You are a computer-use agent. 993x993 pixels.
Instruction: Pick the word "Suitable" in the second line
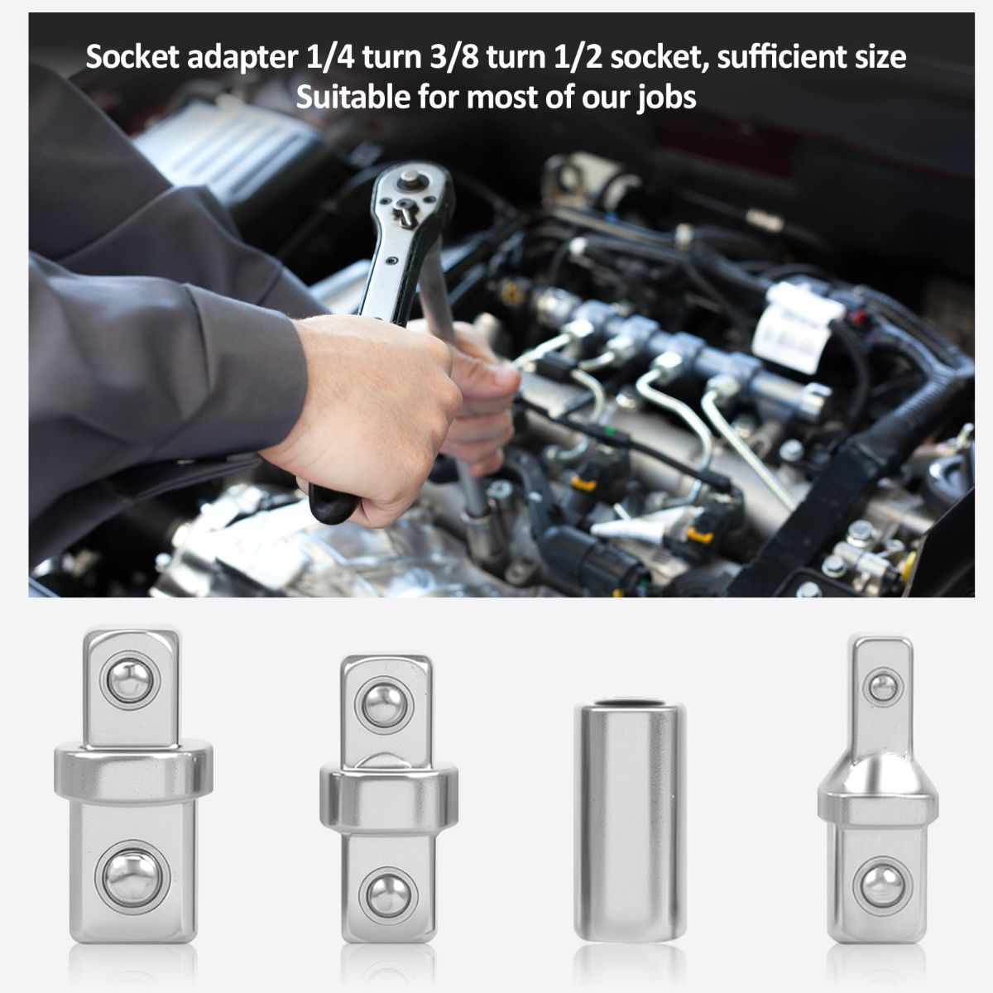pos(353,97)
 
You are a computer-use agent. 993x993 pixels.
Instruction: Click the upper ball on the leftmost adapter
pos(130,681)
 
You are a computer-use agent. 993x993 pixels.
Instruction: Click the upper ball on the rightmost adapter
pos(883,687)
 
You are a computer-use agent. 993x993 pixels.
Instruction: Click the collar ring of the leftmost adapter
pos(133,771)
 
